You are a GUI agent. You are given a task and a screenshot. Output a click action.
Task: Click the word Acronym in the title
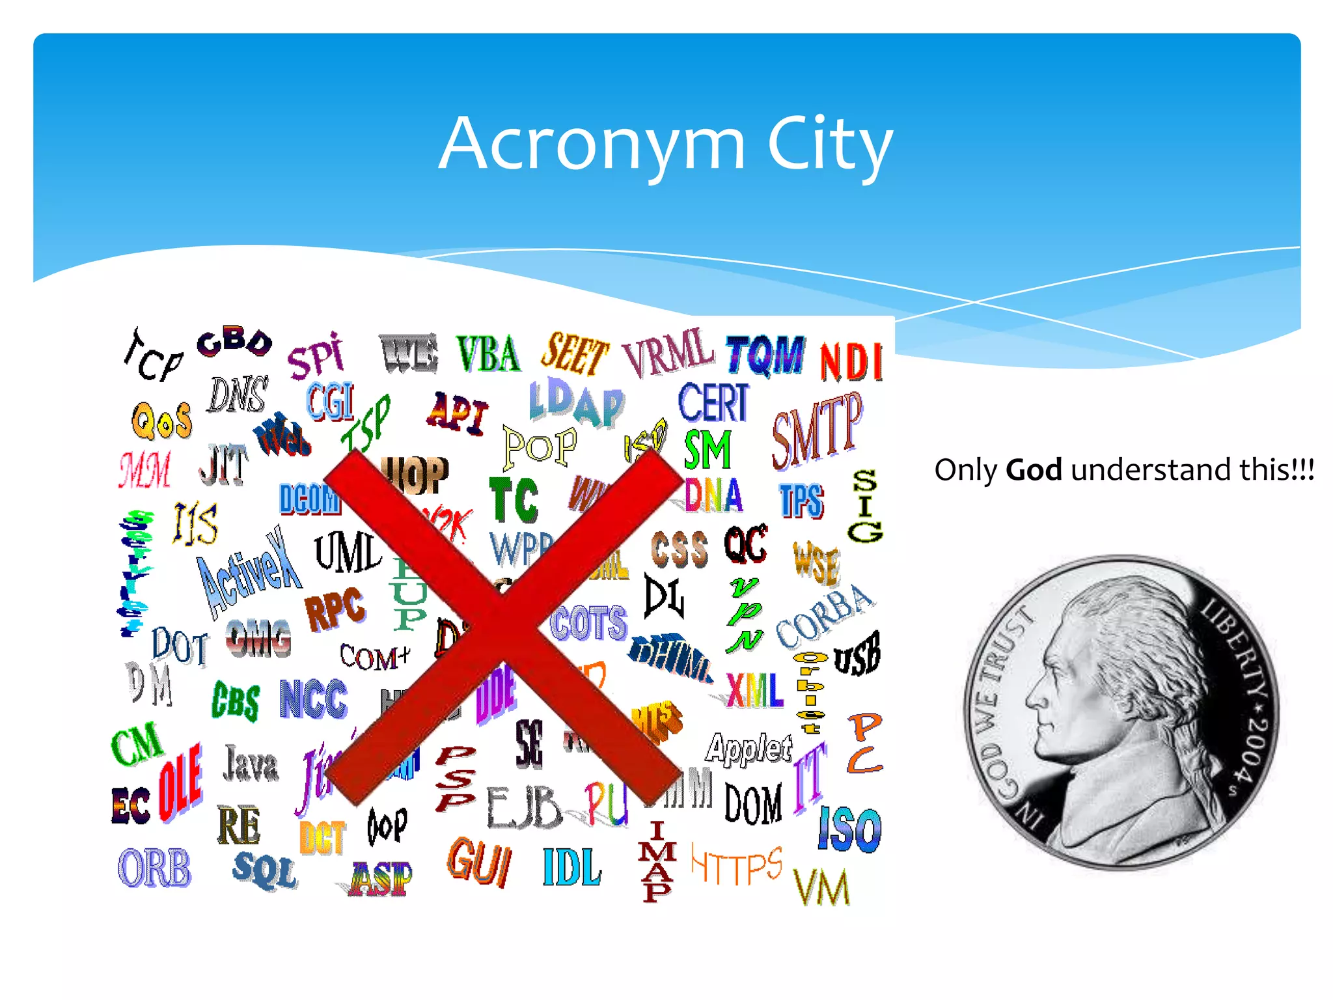tap(592, 145)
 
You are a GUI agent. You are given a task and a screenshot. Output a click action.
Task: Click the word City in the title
tap(829, 145)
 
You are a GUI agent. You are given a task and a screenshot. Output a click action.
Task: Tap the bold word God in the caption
tap(1034, 469)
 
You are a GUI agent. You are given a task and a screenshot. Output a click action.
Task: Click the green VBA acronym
tap(488, 354)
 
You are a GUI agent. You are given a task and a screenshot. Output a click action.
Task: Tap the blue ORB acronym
tap(154, 868)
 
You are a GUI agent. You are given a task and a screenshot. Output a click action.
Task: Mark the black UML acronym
tap(347, 552)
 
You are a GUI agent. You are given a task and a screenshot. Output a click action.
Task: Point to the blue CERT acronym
tap(713, 402)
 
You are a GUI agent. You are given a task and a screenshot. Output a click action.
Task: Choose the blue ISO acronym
tap(849, 828)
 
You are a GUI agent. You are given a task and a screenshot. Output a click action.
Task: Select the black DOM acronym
tap(753, 804)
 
